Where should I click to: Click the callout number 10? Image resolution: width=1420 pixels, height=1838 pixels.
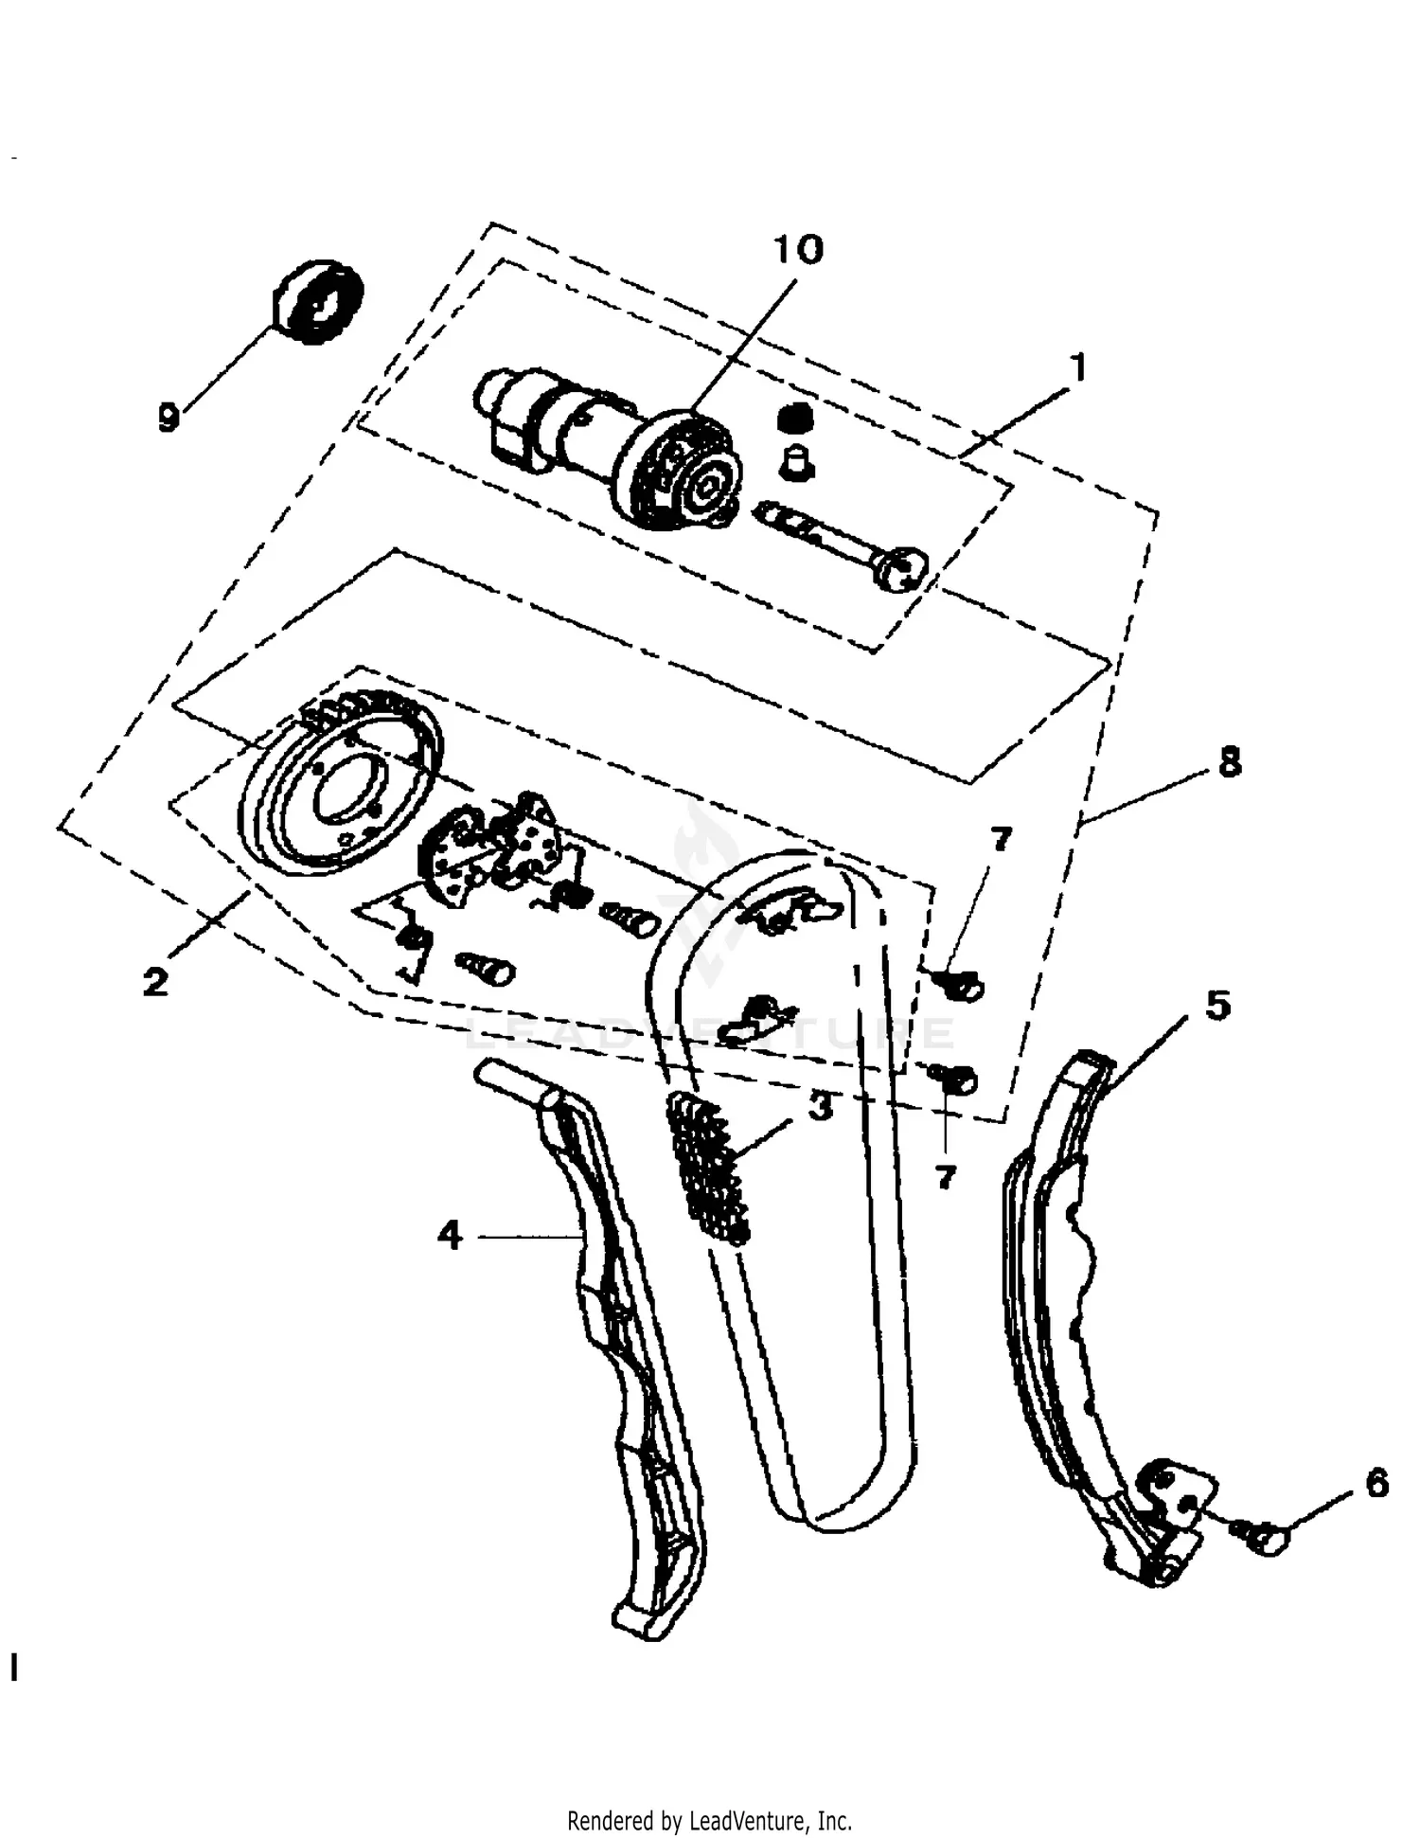point(799,249)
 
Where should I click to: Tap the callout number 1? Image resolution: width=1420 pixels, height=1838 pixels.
point(1078,367)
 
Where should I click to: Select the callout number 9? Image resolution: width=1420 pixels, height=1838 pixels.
point(169,416)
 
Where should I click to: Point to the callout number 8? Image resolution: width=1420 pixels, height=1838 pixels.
point(1230,761)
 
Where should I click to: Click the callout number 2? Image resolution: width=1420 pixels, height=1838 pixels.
point(155,981)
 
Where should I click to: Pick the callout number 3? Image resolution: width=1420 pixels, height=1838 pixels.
point(820,1105)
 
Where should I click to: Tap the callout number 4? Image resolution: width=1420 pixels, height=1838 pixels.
point(450,1235)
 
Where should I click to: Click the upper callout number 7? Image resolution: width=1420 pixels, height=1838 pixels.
point(1001,838)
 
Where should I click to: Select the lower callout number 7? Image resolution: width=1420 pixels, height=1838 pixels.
point(945,1177)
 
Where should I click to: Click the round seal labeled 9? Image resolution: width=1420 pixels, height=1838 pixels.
point(318,300)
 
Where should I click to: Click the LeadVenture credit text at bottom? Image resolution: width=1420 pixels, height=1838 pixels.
point(709,1820)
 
